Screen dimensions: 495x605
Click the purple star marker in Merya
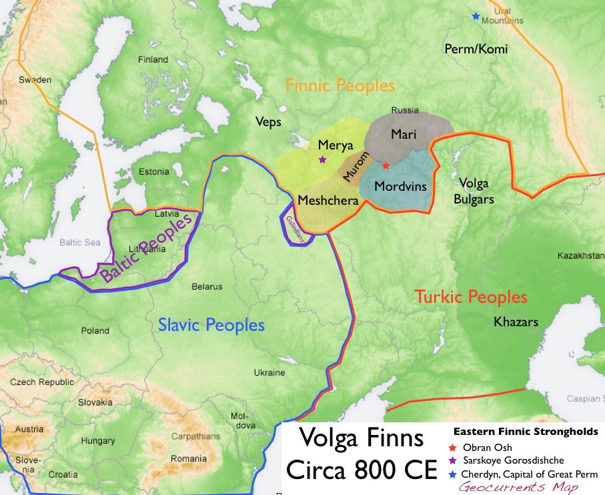coord(323,159)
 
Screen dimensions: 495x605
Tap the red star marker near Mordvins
coord(386,165)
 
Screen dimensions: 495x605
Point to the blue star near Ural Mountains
coord(475,16)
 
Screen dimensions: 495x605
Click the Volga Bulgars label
coord(475,190)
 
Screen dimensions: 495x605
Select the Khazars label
coord(516,322)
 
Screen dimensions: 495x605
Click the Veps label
coord(268,122)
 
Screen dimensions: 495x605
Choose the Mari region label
coord(404,133)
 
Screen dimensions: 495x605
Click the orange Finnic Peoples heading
coord(340,86)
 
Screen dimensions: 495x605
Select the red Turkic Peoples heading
coord(471,297)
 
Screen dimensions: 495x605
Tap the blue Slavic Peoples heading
coord(211,326)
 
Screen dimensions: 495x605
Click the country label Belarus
coord(206,287)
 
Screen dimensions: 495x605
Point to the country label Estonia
coord(153,172)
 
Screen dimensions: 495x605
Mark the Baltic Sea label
coord(79,243)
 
